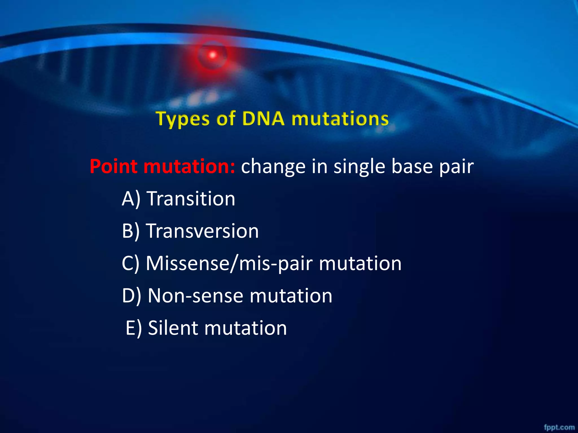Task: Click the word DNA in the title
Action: tap(263, 119)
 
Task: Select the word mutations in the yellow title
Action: tap(340, 119)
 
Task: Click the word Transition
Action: tap(191, 199)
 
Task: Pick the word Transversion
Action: tap(202, 231)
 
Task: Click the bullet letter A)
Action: tap(131, 199)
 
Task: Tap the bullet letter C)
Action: tap(130, 264)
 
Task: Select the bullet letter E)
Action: tap(134, 328)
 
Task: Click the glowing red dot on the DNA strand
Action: tap(213, 55)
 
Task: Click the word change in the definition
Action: tap(273, 167)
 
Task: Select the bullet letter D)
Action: tap(131, 296)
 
